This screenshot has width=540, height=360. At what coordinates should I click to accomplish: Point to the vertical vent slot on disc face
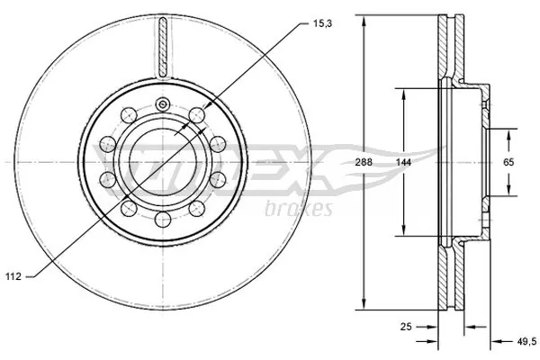coord(163,45)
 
